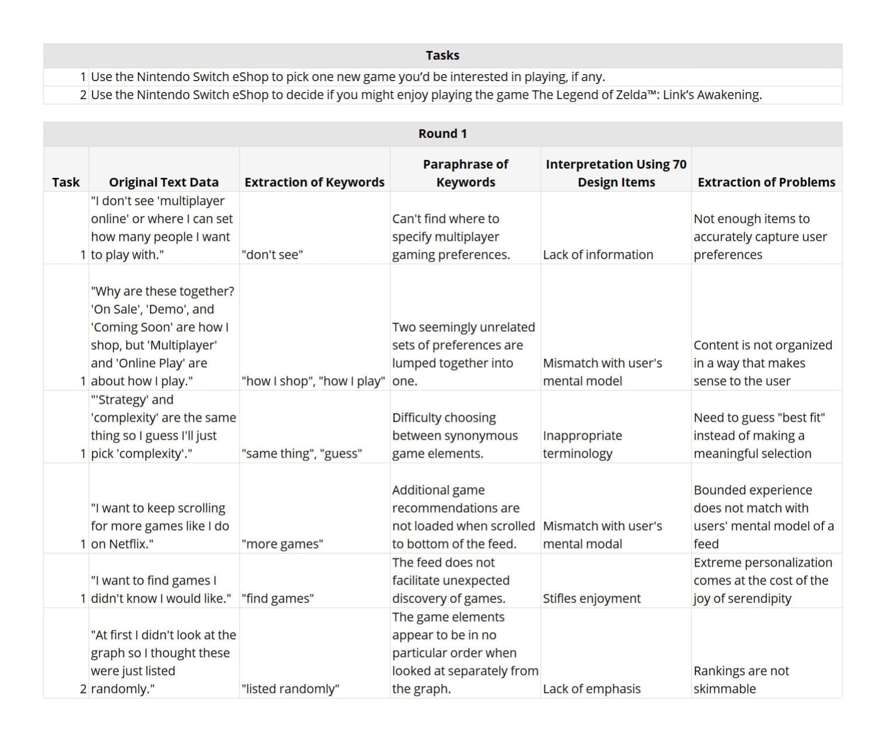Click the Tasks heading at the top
[x=442, y=56]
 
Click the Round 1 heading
[x=442, y=134]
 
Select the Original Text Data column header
[x=164, y=182]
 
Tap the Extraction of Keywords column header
[x=314, y=182]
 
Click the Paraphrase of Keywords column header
[x=466, y=173]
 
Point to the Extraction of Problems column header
[x=766, y=182]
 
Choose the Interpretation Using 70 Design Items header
[x=616, y=173]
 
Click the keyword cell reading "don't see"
[x=272, y=255]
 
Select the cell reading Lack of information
[x=598, y=255]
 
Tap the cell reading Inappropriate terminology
[x=583, y=444]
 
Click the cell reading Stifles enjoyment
[x=591, y=598]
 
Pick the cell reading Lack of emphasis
[x=591, y=689]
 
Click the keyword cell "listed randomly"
[x=290, y=689]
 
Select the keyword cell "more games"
[x=282, y=544]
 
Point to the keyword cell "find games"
[x=277, y=598]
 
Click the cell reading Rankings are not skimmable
[x=741, y=680]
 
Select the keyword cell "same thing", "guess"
[x=302, y=454]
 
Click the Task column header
[x=65, y=182]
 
